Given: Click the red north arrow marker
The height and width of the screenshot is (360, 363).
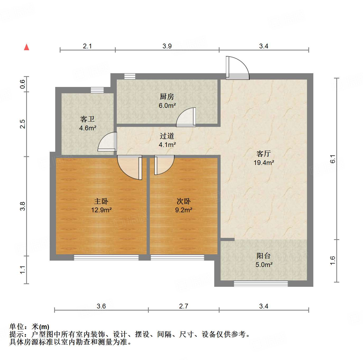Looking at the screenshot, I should [x=26, y=47].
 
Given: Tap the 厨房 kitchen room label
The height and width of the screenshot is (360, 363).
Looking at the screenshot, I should [x=167, y=97].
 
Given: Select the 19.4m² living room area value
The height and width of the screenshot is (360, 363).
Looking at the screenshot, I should [x=264, y=163].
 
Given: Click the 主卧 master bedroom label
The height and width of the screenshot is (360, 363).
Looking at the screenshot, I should [x=101, y=201].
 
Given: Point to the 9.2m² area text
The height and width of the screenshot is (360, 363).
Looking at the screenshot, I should [x=184, y=210].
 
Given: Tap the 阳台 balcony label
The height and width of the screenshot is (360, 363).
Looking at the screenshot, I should [x=263, y=256].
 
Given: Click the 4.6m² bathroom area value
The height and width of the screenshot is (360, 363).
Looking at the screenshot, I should [x=88, y=128].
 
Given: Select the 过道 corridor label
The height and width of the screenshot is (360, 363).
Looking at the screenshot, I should [x=167, y=136].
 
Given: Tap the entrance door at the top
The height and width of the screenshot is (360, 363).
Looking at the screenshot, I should [x=237, y=68].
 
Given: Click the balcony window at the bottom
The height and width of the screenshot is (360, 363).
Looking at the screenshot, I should [x=261, y=284].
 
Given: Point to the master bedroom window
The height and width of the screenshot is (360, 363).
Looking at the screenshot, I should [x=106, y=257].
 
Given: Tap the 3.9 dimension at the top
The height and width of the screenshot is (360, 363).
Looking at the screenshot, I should [x=167, y=46].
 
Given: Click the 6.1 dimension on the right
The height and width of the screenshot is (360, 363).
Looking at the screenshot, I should [x=333, y=159].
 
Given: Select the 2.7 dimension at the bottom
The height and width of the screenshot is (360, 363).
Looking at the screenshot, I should [x=184, y=306].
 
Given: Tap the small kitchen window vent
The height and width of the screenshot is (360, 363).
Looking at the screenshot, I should [x=130, y=76].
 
